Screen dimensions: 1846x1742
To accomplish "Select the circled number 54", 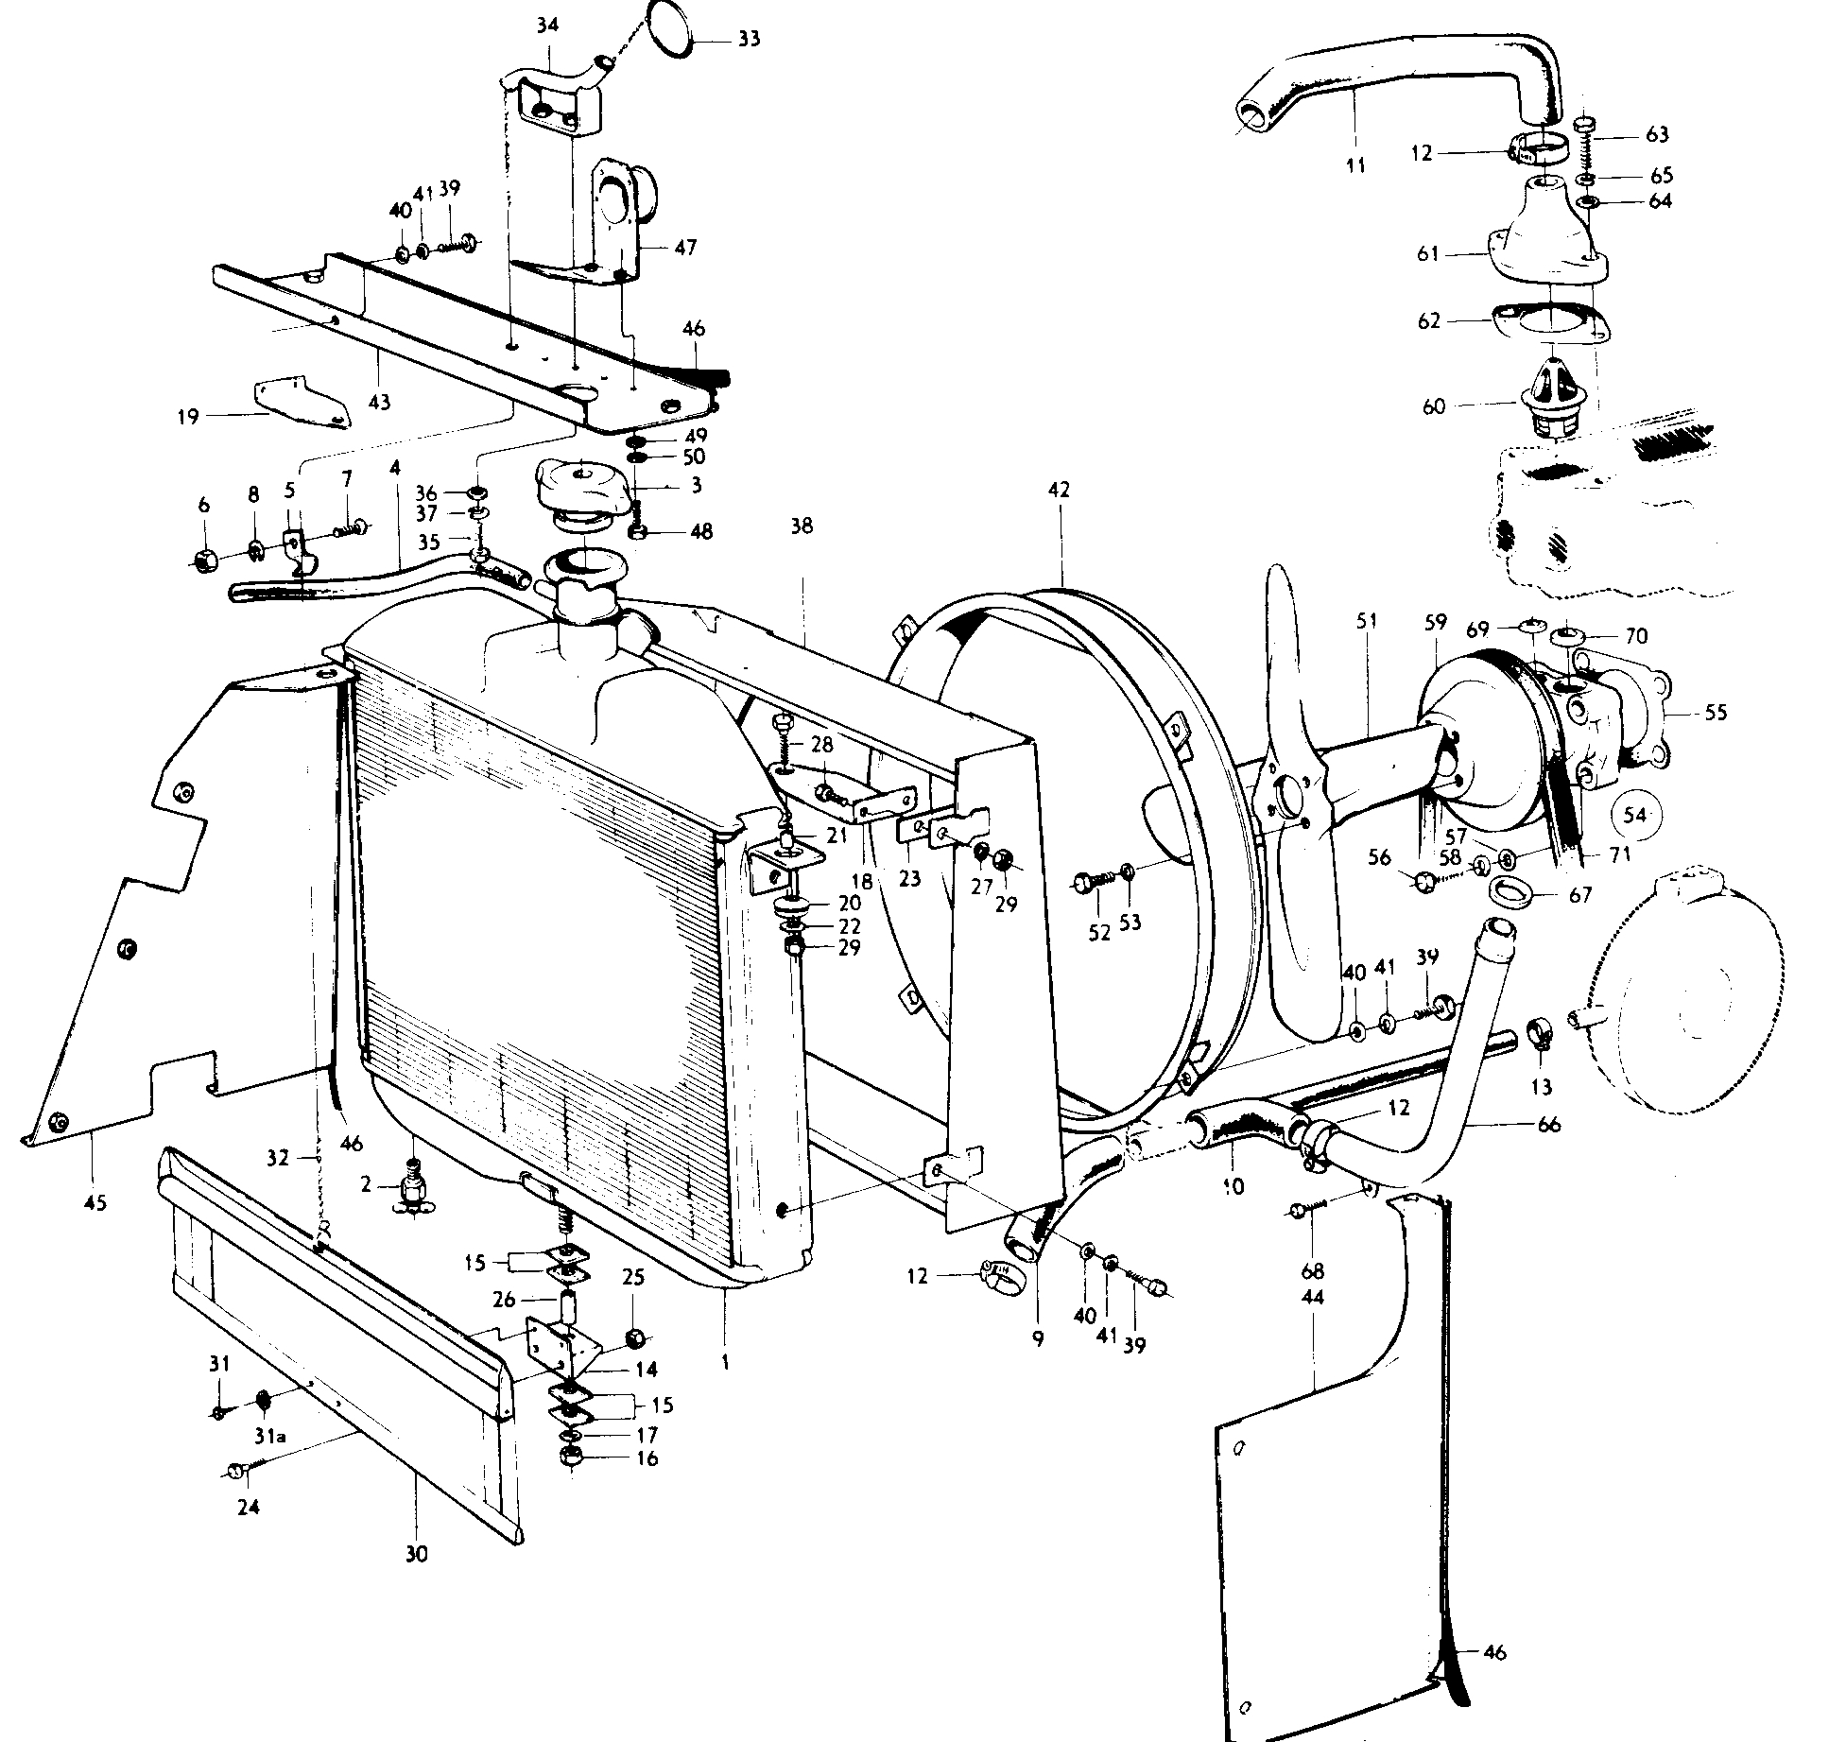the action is [1635, 815].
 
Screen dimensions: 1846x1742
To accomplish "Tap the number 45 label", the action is [95, 1202].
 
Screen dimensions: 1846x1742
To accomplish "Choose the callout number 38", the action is [802, 526].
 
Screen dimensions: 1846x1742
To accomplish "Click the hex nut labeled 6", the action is [205, 560].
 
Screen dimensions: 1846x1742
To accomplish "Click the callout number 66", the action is [1549, 1125].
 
